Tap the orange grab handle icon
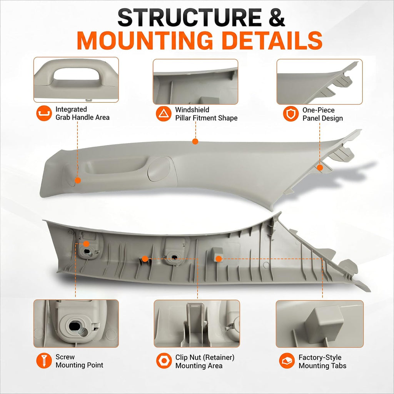[x=44, y=114]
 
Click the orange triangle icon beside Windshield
[x=164, y=114]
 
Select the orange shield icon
[x=291, y=114]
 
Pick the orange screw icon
[x=44, y=361]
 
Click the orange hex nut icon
[x=164, y=361]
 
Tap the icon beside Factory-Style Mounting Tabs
[x=287, y=361]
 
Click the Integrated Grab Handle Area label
[x=82, y=114]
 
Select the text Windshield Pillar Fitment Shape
[x=206, y=114]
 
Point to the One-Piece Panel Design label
[x=322, y=114]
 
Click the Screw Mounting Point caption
[x=79, y=361]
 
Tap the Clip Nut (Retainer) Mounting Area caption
[x=205, y=361]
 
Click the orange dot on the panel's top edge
[x=195, y=142]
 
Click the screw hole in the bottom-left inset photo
[x=75, y=326]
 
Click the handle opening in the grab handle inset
[x=77, y=74]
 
